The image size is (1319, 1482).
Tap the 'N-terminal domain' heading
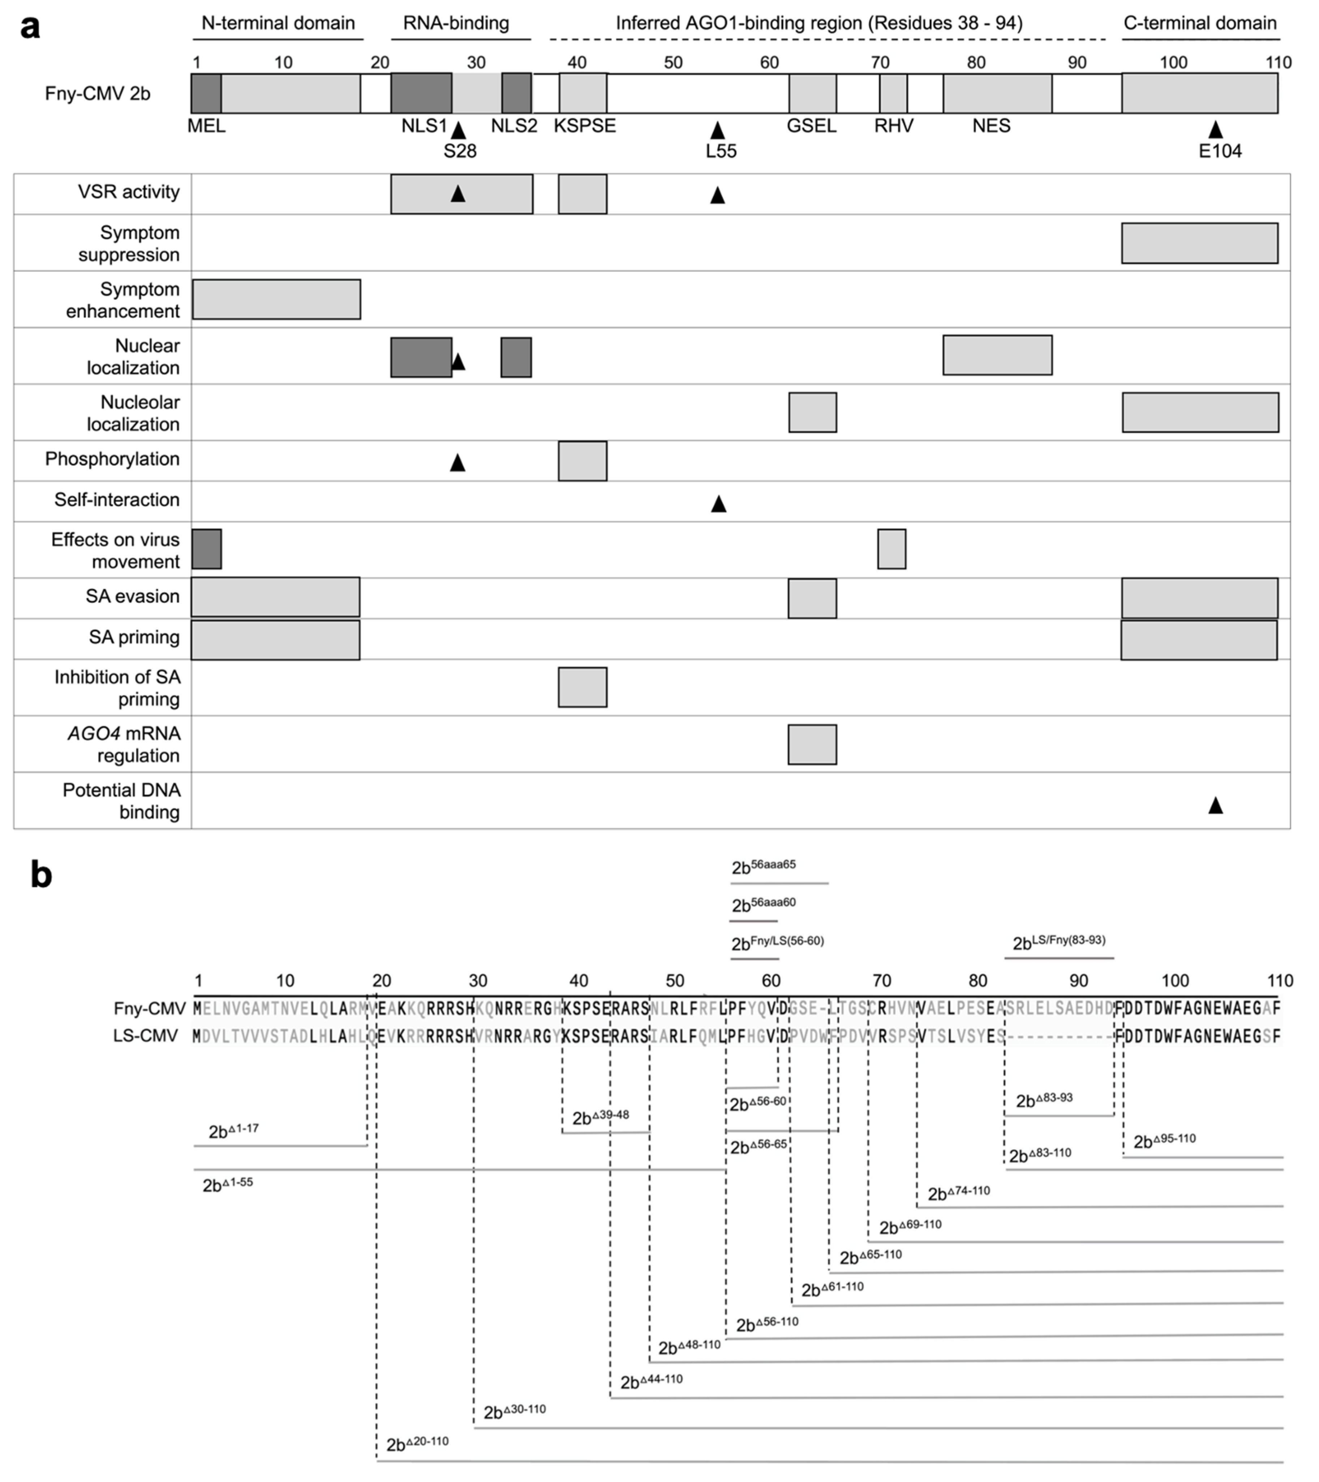pyautogui.click(x=278, y=23)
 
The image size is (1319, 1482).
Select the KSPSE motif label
pyautogui.click(x=584, y=125)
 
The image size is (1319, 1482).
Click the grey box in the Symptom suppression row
pyautogui.click(x=1199, y=243)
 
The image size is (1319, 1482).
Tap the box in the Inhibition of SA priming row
pyautogui.click(x=582, y=686)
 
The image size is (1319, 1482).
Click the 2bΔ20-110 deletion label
pyautogui.click(x=417, y=1444)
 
